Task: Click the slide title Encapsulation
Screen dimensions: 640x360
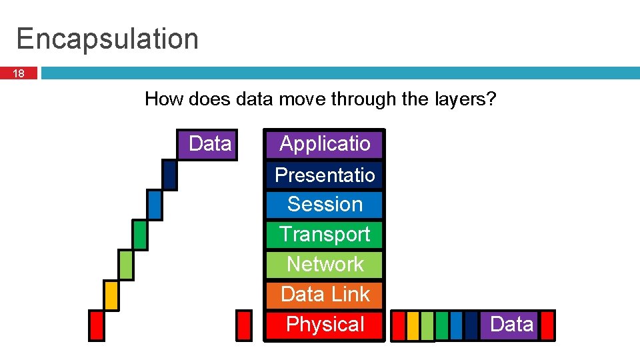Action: [107, 39]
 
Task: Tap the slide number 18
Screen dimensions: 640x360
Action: [19, 73]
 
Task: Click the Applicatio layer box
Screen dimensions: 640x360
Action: [325, 144]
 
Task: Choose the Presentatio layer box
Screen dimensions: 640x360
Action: [325, 175]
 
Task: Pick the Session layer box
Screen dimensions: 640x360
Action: [325, 205]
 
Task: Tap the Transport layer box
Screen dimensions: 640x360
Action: [325, 235]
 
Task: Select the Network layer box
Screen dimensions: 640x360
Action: [325, 265]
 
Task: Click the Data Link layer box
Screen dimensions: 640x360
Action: [325, 294]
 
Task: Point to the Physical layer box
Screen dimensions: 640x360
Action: [325, 325]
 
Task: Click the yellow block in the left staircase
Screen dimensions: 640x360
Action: [111, 295]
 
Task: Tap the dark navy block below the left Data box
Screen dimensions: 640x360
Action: [169, 175]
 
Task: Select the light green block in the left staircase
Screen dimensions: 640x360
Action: [125, 265]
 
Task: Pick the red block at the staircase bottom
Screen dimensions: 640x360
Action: [97, 325]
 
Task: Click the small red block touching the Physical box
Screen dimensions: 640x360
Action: [245, 325]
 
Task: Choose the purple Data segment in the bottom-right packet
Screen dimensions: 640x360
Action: [509, 325]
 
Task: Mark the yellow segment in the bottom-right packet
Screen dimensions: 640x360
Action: [413, 325]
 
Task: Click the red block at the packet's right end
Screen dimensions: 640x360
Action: [547, 325]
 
